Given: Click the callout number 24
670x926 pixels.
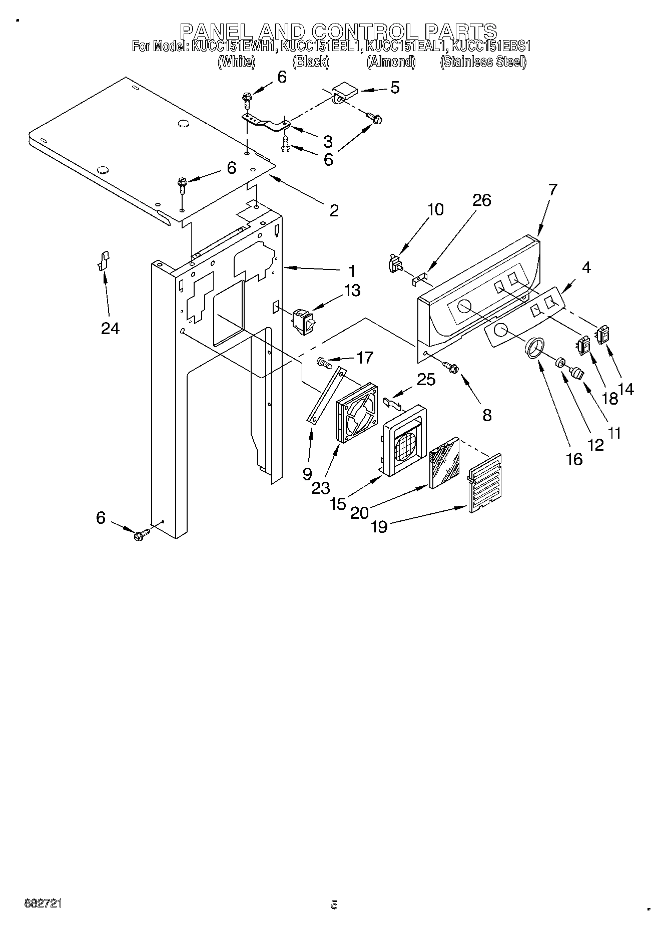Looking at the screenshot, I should pos(110,328).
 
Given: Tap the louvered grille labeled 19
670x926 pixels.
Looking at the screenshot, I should pos(484,483).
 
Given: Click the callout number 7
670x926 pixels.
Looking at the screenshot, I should pos(552,189).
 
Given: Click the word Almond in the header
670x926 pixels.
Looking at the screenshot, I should pos(391,62).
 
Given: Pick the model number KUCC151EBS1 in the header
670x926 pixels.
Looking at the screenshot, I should pos(490,47).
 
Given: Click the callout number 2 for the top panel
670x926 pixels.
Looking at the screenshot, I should pos(334,210).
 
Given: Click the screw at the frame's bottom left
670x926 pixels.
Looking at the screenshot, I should pos(141,535).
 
